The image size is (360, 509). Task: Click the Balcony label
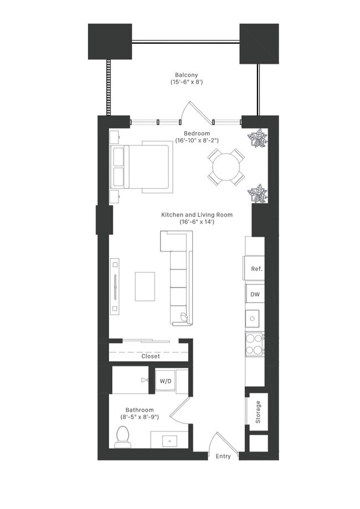(186, 75)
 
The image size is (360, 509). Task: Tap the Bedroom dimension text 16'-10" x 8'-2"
(197, 141)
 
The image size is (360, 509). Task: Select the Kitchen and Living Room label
(197, 214)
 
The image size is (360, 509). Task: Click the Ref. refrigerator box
(256, 269)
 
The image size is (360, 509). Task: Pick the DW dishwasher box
(255, 295)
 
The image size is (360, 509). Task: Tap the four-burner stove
(255, 344)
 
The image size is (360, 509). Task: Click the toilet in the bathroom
(122, 437)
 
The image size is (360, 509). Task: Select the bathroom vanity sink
(168, 441)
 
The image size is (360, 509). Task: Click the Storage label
(258, 413)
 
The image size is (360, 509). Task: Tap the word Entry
(223, 457)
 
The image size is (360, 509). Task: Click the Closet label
(150, 356)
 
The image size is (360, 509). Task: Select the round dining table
(225, 167)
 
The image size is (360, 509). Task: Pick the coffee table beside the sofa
(145, 286)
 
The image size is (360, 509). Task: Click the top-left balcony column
(110, 42)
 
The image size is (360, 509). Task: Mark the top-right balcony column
(258, 43)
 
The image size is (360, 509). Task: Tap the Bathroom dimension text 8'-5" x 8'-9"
(139, 417)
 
